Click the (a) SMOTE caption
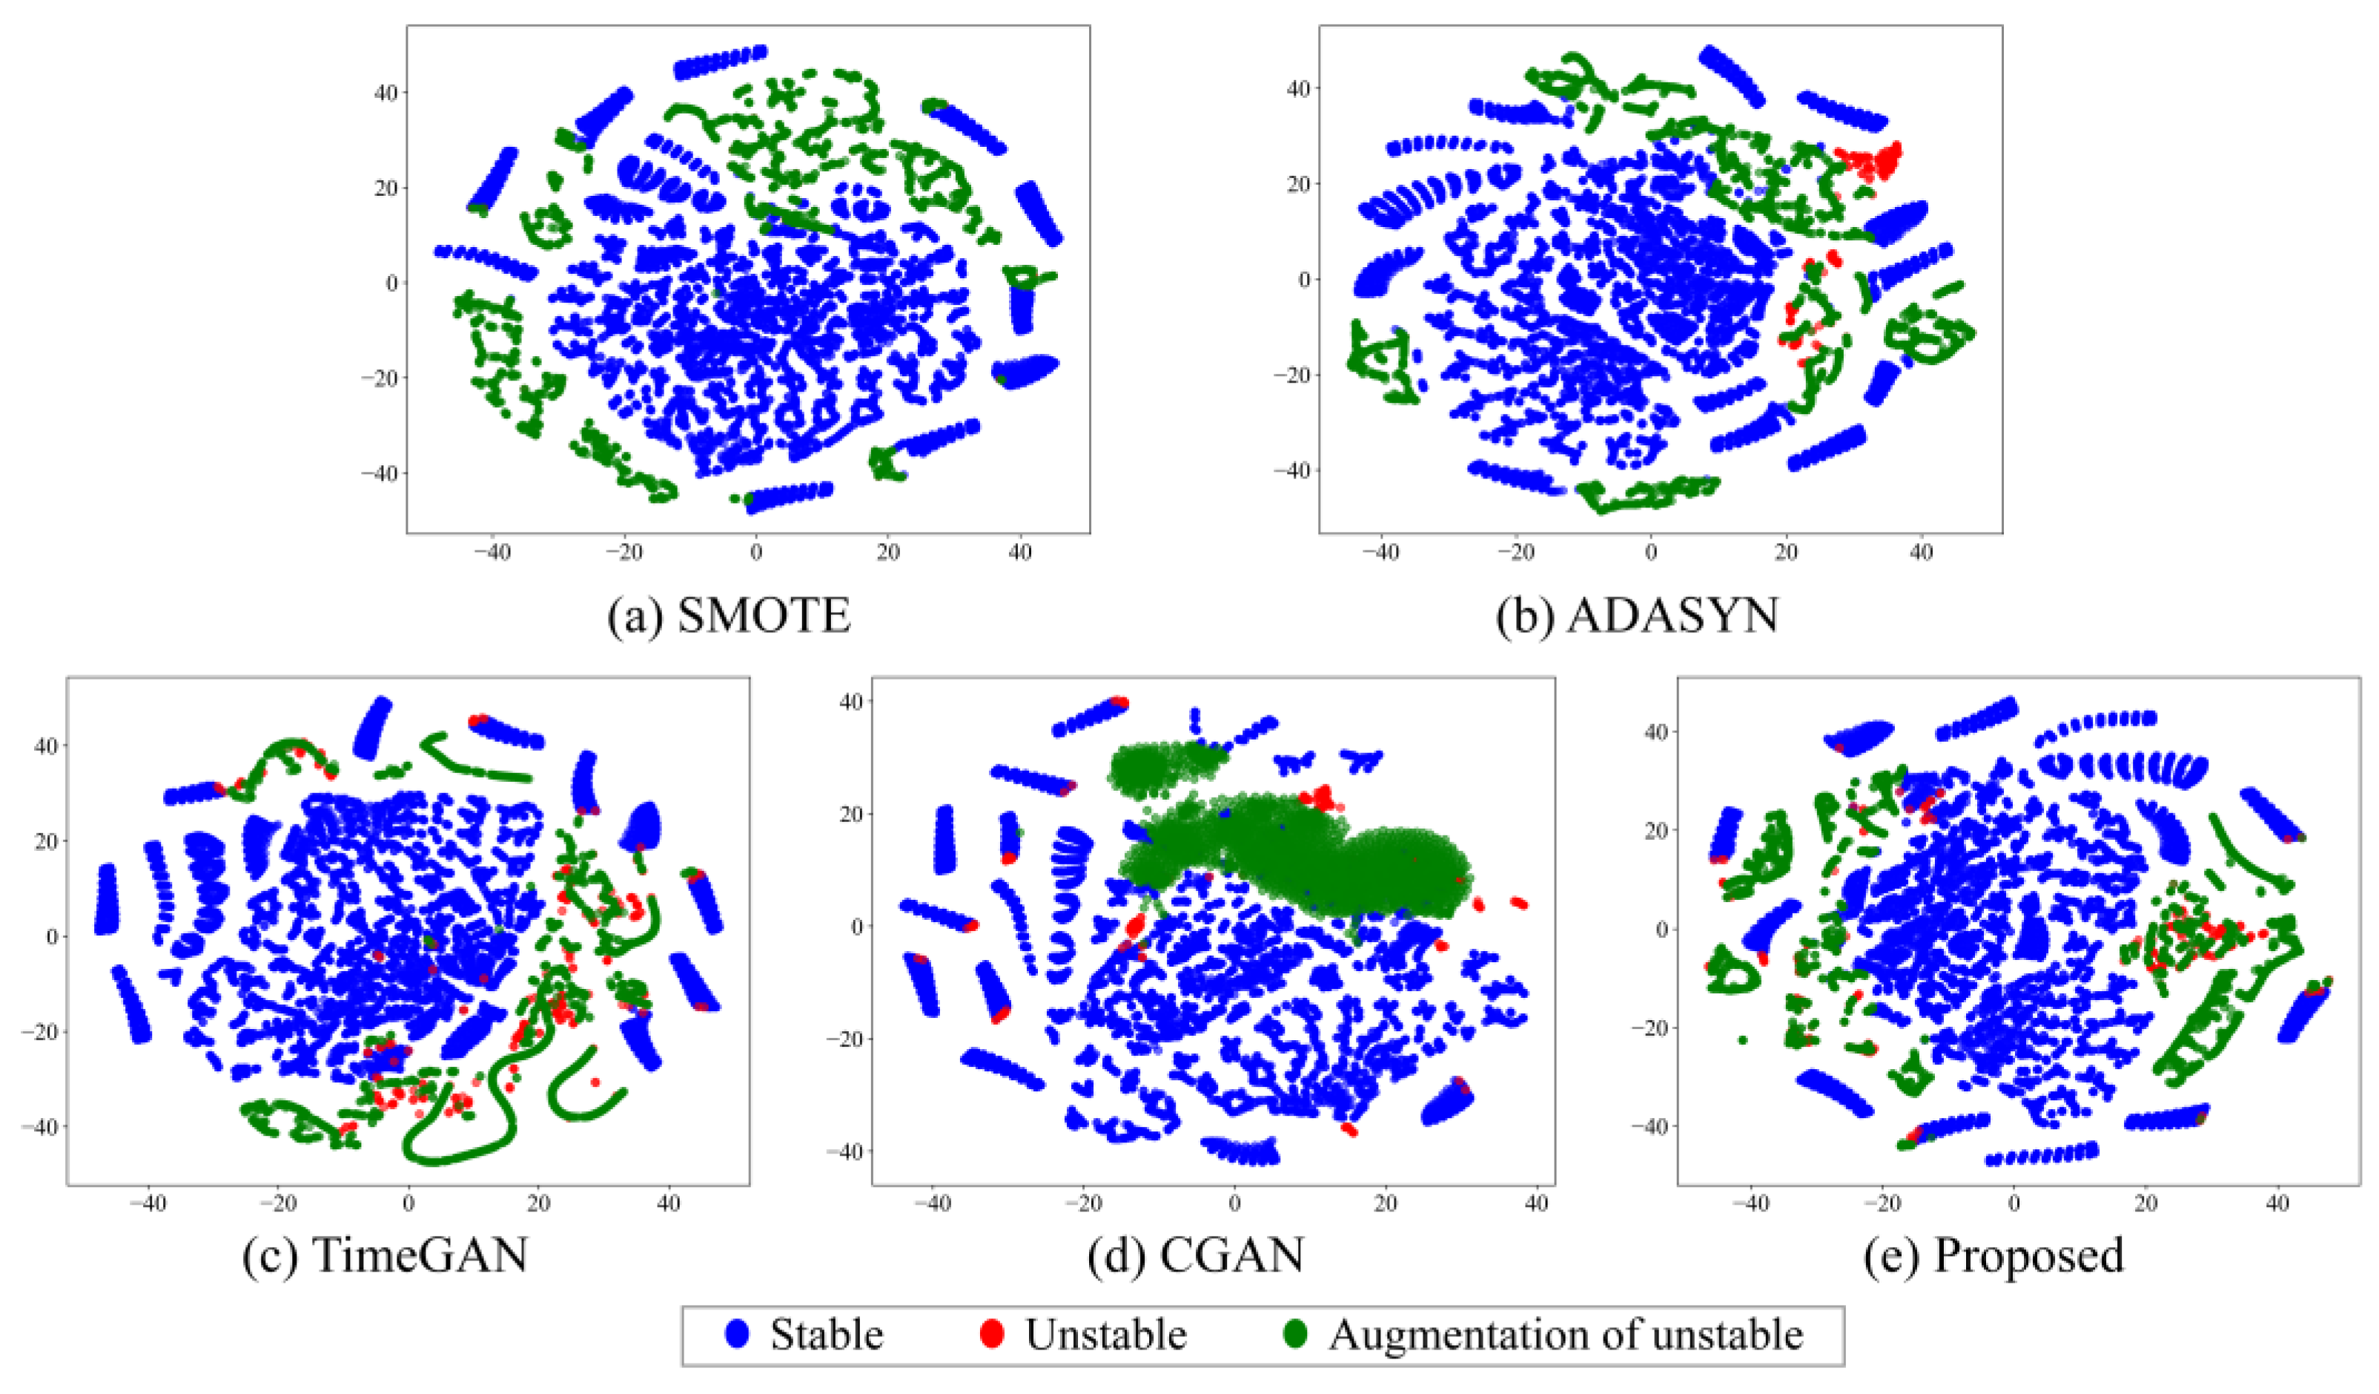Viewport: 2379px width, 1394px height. [x=729, y=616]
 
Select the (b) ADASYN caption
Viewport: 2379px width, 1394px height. [x=1638, y=616]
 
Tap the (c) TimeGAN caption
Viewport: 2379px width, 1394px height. [x=386, y=1255]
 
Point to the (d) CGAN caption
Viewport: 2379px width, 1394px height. [x=1195, y=1255]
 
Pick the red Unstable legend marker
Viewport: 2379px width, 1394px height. [x=991, y=1335]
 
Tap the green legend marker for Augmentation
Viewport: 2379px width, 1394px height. [x=1296, y=1335]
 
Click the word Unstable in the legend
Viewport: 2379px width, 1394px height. [x=1105, y=1335]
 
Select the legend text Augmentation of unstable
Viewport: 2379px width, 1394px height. [x=1566, y=1335]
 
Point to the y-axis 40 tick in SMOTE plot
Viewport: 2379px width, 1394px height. [x=386, y=93]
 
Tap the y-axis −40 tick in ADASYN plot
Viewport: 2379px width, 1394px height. [x=1291, y=470]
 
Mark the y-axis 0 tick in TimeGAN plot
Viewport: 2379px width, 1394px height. [x=51, y=936]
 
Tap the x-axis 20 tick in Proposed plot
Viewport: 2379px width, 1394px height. [x=2145, y=1204]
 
